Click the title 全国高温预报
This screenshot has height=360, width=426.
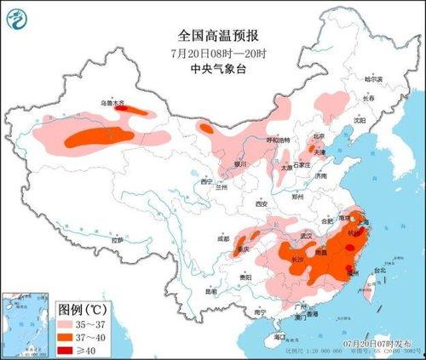coord(218,36)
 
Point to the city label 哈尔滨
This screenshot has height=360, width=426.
coord(374,79)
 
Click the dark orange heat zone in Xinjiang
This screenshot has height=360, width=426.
coord(100,135)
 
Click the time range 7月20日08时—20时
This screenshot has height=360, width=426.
coord(218,51)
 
